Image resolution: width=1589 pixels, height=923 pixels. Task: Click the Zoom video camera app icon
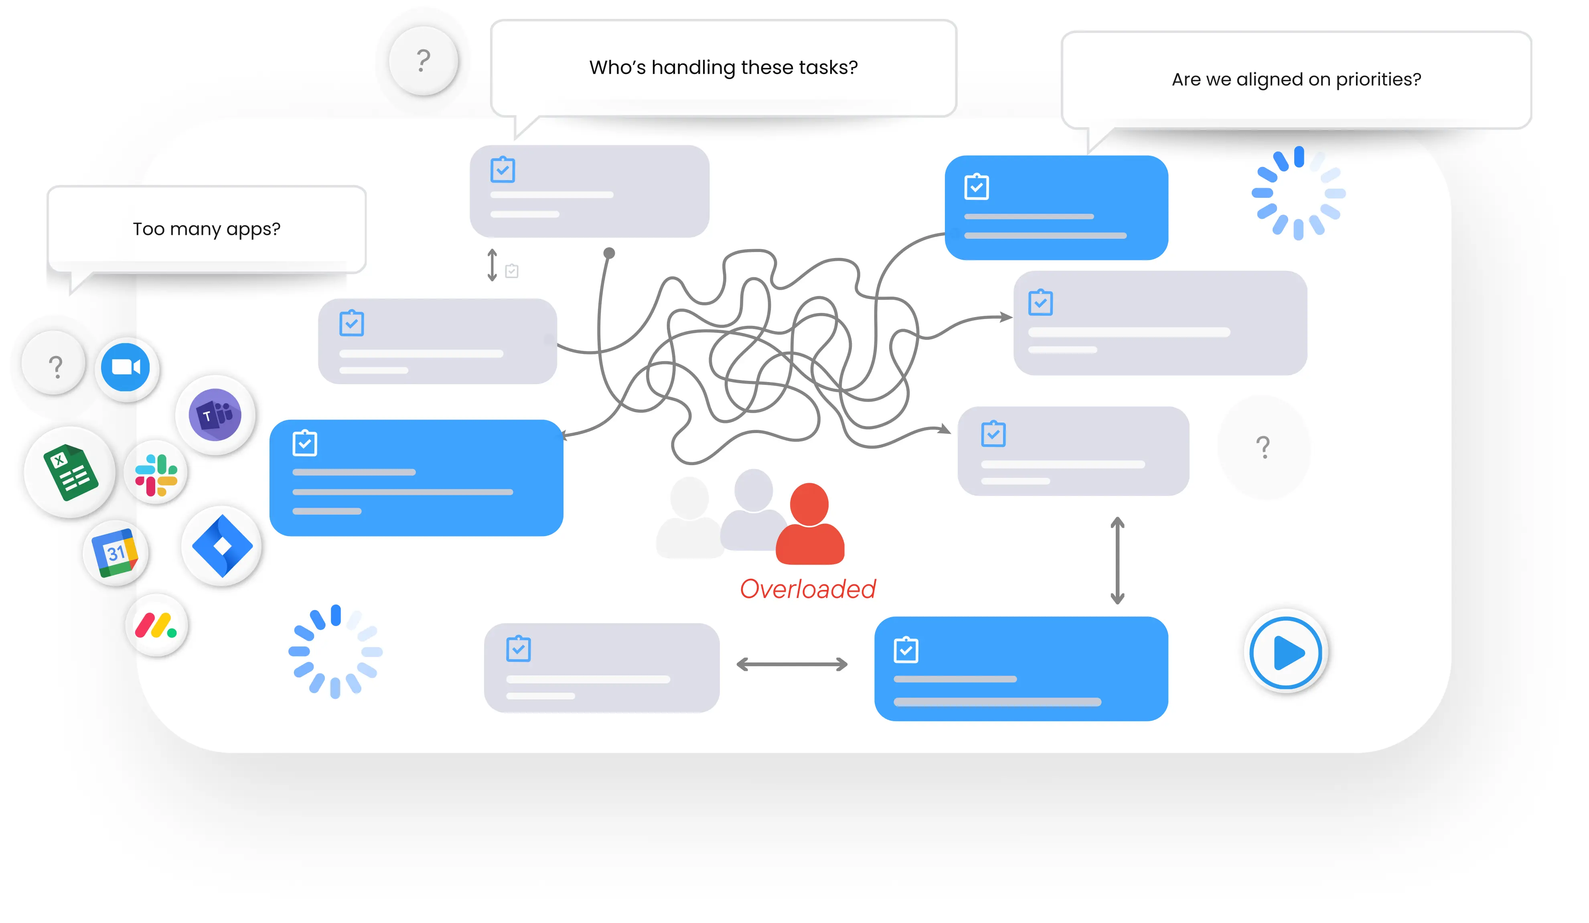point(126,367)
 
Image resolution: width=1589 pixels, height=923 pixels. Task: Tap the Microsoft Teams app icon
point(215,415)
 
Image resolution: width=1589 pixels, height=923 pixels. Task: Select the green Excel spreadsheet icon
point(71,472)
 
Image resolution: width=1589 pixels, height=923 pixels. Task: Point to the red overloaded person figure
point(810,524)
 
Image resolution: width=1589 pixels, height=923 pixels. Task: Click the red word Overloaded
point(808,589)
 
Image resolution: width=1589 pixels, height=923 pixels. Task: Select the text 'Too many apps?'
point(206,229)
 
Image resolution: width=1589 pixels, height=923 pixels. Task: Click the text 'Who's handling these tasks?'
point(723,67)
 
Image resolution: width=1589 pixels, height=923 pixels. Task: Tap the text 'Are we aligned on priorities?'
point(1296,79)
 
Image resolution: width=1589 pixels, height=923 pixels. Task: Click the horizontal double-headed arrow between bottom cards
point(792,664)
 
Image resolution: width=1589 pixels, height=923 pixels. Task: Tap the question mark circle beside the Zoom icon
point(55,365)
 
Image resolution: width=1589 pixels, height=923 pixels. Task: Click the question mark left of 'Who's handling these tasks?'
point(423,61)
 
